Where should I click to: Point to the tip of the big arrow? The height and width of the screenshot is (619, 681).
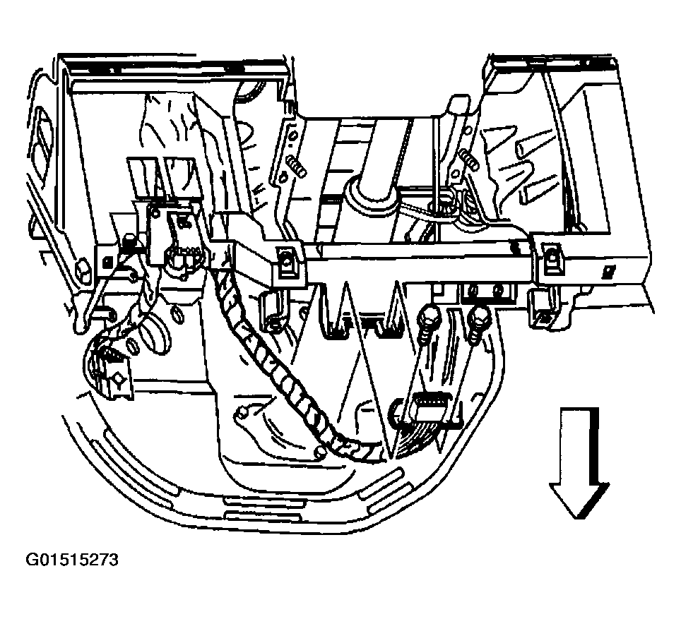click(x=580, y=517)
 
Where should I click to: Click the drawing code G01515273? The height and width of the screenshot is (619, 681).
click(x=72, y=561)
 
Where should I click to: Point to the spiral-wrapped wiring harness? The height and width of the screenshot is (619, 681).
click(x=283, y=367)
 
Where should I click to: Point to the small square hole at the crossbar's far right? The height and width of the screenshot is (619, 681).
click(x=608, y=271)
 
